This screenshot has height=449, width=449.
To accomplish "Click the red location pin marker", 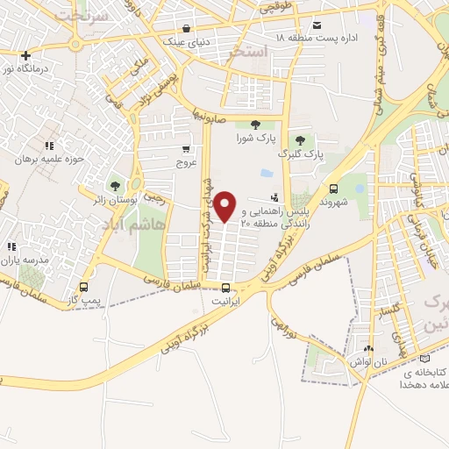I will click(x=225, y=205).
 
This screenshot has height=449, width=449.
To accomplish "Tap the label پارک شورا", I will click(x=255, y=138).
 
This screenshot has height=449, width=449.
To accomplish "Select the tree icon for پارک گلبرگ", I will click(x=300, y=139).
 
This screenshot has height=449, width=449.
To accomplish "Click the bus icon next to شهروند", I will click(x=332, y=189).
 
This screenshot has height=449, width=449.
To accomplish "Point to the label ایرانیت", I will click(x=225, y=300).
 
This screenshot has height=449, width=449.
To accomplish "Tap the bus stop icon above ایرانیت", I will click(x=225, y=288).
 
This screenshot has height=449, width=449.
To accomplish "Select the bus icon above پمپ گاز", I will click(x=84, y=287).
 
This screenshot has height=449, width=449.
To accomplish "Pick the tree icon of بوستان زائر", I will click(x=113, y=185).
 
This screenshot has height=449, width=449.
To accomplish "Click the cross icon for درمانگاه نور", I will click(x=25, y=54).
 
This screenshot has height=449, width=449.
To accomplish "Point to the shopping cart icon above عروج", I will click(x=186, y=150).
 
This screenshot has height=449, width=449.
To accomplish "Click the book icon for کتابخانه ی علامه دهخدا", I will click(x=425, y=358).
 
